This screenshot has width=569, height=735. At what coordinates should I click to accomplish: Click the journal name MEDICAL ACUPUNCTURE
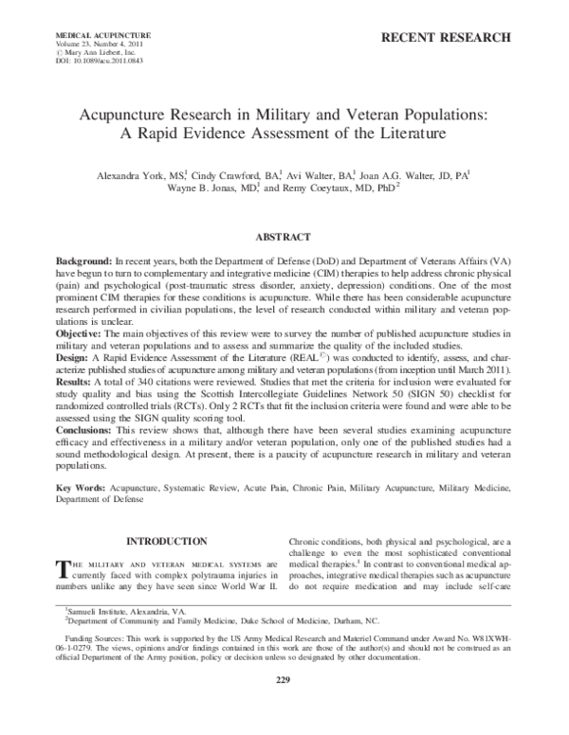90,34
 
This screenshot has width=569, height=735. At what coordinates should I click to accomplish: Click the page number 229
283,707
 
